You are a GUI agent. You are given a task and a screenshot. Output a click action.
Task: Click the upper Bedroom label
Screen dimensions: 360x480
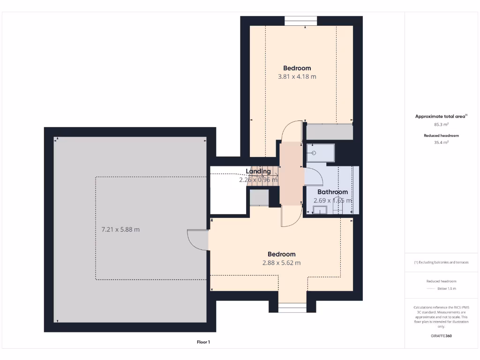click(x=297, y=68)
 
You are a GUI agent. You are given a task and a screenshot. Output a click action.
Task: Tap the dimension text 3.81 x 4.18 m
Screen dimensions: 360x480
click(x=297, y=76)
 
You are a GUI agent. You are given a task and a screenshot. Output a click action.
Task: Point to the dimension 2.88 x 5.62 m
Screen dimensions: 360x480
click(x=281, y=263)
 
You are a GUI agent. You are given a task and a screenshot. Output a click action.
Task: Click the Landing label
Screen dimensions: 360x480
click(x=258, y=172)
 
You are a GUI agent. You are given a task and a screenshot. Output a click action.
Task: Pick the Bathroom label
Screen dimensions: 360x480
click(x=332, y=192)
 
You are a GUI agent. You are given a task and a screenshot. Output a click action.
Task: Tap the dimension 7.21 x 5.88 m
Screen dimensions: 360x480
click(x=120, y=230)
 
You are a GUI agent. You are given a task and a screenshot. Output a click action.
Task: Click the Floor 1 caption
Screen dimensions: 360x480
click(x=203, y=342)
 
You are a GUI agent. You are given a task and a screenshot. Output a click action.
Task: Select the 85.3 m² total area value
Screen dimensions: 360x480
click(x=441, y=125)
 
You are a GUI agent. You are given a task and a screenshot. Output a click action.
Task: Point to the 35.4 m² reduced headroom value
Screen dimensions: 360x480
click(x=441, y=142)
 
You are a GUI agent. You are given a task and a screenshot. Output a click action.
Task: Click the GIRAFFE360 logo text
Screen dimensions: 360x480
click(x=441, y=336)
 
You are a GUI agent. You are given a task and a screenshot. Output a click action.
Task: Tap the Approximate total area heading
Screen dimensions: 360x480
click(x=441, y=116)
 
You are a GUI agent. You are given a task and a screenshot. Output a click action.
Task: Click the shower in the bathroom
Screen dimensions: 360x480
click(x=321, y=153)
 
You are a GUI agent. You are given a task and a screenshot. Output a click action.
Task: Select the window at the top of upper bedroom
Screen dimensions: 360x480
click(x=300, y=21)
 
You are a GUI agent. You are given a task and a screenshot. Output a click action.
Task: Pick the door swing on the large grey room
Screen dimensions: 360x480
click(x=197, y=240)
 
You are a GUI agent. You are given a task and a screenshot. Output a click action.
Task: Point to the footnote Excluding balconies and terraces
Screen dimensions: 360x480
click(x=441, y=262)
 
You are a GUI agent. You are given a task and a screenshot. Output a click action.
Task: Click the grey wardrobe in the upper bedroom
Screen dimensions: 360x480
click(x=330, y=132)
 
